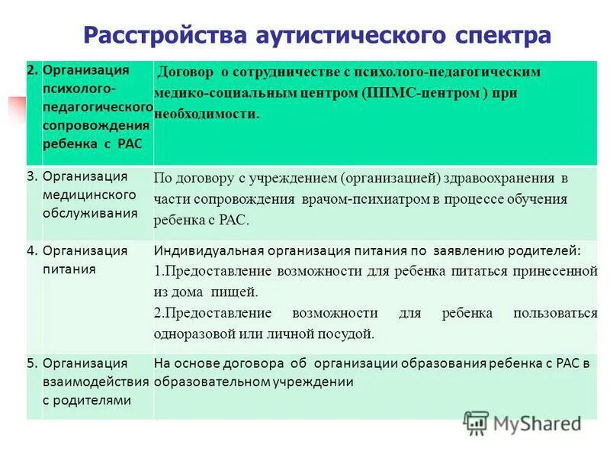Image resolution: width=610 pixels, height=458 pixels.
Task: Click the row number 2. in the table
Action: click(32, 69)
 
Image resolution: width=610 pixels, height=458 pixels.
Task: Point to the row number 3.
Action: click(32, 176)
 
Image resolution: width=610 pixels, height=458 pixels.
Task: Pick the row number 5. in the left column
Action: click(32, 363)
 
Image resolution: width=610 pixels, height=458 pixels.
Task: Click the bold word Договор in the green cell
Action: click(185, 72)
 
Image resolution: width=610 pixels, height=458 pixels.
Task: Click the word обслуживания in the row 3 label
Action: click(90, 213)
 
